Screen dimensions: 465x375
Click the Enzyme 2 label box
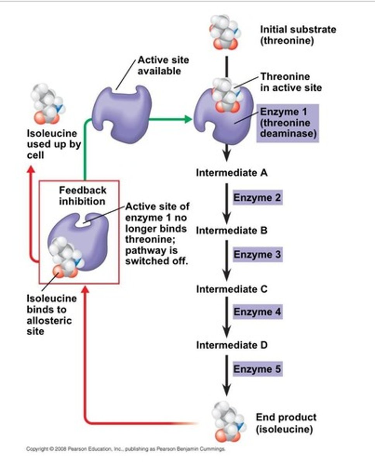pos(257,198)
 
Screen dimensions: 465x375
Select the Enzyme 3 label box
pos(257,255)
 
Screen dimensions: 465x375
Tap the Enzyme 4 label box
pos(257,312)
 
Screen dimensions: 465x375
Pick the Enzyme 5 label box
pos(257,369)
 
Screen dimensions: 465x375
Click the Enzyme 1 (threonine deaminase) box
pos(287,123)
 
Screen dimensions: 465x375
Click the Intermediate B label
pos(232,231)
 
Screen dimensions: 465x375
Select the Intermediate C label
pos(232,289)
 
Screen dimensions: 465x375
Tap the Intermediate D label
pos(232,345)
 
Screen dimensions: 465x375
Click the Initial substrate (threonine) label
pos(298,35)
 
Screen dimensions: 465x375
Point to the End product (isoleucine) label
pos(286,423)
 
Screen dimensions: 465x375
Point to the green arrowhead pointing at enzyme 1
pos(188,119)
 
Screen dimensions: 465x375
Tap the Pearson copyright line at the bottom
pos(126,449)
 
